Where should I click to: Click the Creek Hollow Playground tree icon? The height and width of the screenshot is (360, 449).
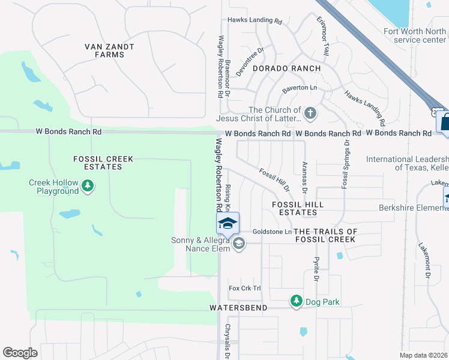88,186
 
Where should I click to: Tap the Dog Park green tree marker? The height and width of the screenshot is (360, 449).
296,300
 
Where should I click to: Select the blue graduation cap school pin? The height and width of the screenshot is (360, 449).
228,224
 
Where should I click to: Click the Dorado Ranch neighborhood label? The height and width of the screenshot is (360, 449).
286,69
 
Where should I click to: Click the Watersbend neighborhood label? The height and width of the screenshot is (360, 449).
238,307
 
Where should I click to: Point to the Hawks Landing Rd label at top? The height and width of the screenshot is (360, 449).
255,20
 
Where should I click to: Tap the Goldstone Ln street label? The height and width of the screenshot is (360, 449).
272,232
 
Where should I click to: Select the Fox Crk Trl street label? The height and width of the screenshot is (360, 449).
246,289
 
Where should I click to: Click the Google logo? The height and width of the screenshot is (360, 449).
20,353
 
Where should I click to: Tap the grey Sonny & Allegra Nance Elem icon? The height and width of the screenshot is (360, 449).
239,243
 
